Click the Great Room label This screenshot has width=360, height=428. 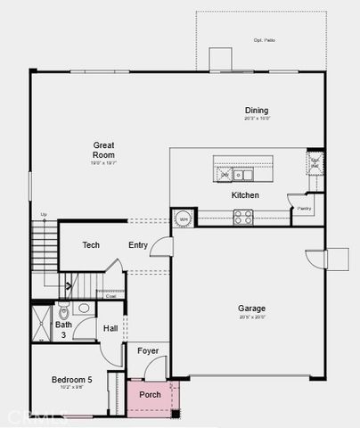point(104,148)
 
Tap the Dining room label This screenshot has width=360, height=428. point(257,111)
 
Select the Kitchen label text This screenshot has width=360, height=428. point(245,195)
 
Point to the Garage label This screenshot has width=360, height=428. point(251,309)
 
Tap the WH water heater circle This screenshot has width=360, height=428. point(184,218)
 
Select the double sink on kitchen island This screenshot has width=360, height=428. point(232,174)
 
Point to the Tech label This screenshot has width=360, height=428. point(91,245)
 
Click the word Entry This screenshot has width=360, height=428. point(138,245)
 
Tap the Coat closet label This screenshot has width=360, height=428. point(110,296)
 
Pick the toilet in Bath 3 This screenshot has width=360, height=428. point(63,313)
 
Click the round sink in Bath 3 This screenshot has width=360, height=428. point(84,309)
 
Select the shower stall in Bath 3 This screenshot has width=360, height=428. point(42,322)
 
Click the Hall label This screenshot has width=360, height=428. point(110,329)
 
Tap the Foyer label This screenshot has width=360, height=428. point(148,351)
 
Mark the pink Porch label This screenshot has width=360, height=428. point(150,394)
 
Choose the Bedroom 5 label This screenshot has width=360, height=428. point(71,380)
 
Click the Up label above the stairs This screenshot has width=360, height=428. point(44,215)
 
